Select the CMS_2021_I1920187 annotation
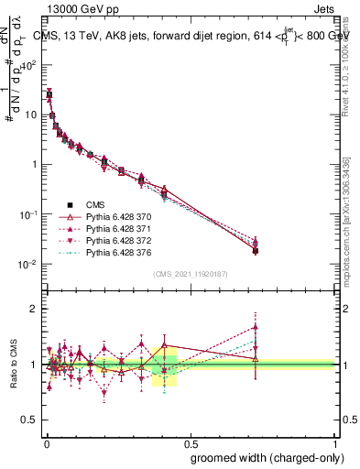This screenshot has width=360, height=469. [x=190, y=273]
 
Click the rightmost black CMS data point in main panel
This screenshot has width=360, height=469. [x=256, y=250]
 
